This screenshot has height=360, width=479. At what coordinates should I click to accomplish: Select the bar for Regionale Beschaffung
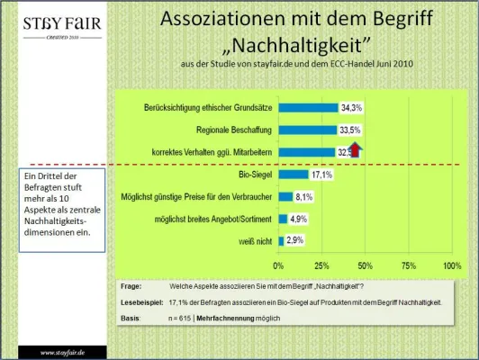coord(307,130)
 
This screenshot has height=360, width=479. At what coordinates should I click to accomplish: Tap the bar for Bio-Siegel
coord(293,174)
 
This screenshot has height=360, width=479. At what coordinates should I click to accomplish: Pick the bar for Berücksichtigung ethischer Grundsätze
coord(308,108)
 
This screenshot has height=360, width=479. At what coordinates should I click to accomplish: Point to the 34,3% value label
coord(351,108)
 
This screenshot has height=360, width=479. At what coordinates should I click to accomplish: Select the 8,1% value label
coord(303,195)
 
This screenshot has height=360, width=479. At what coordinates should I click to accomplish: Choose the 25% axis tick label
coord(322,265)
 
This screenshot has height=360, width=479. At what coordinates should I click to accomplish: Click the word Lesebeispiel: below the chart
coord(142,303)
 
